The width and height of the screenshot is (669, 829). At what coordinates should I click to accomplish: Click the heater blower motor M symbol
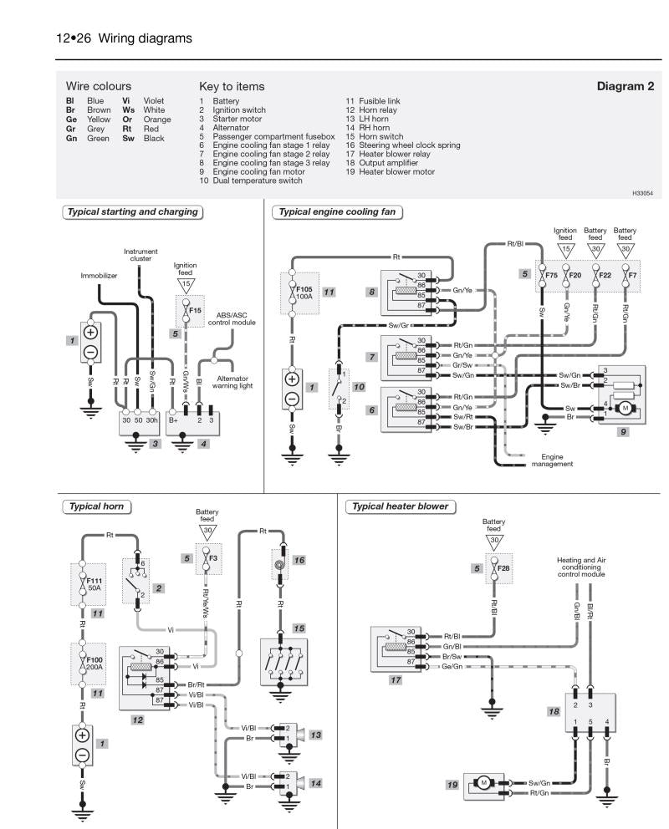click(x=483, y=782)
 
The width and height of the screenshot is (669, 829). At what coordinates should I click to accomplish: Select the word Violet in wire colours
click(x=154, y=100)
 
